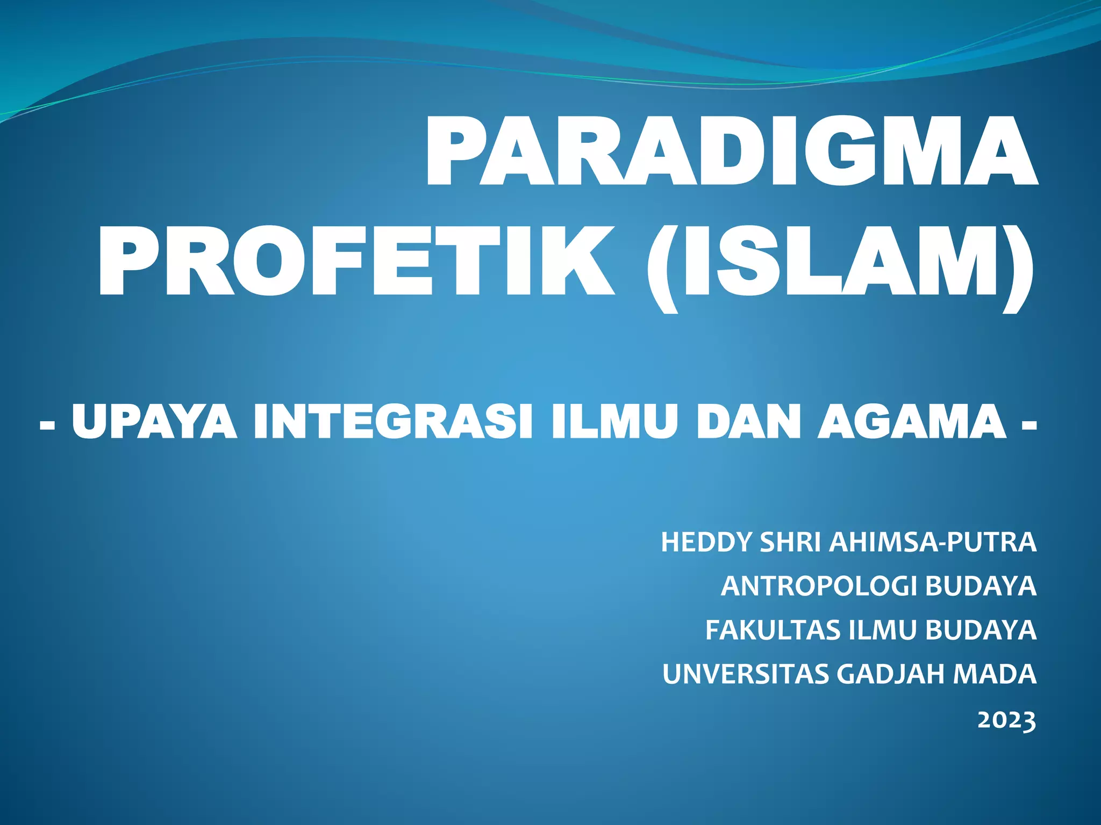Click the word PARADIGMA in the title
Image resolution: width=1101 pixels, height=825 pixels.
pyautogui.click(x=731, y=151)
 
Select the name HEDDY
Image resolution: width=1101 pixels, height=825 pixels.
pyautogui.click(x=706, y=542)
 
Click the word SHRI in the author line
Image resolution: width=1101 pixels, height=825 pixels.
pyautogui.click(x=790, y=542)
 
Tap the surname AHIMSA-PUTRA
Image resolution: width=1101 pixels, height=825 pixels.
pyautogui.click(x=933, y=542)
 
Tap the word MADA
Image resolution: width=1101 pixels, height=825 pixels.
pyautogui.click(x=995, y=674)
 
